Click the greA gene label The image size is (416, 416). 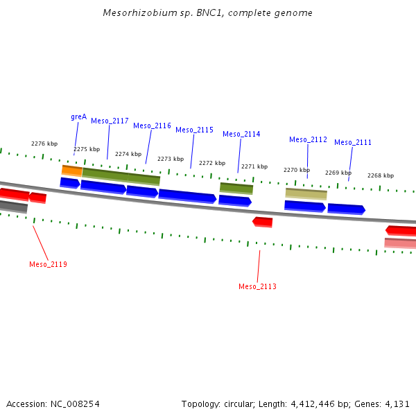(78, 116)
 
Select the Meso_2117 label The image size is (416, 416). (110, 121)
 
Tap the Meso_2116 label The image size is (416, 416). (152, 125)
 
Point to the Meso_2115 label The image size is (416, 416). (194, 130)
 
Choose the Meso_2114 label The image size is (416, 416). (241, 134)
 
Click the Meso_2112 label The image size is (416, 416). (308, 139)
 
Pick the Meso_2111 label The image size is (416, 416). (353, 142)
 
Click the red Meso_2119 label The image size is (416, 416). (48, 264)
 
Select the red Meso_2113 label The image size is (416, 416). (257, 286)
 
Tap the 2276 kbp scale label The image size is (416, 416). (44, 144)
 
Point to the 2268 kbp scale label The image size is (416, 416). (380, 175)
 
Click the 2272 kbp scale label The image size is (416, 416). (212, 163)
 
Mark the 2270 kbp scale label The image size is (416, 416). (296, 170)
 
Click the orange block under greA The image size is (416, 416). (72, 170)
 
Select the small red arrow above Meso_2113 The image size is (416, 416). (263, 222)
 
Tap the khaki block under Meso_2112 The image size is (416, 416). (306, 193)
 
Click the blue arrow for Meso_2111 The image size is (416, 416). (346, 209)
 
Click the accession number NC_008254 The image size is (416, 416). (74, 404)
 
